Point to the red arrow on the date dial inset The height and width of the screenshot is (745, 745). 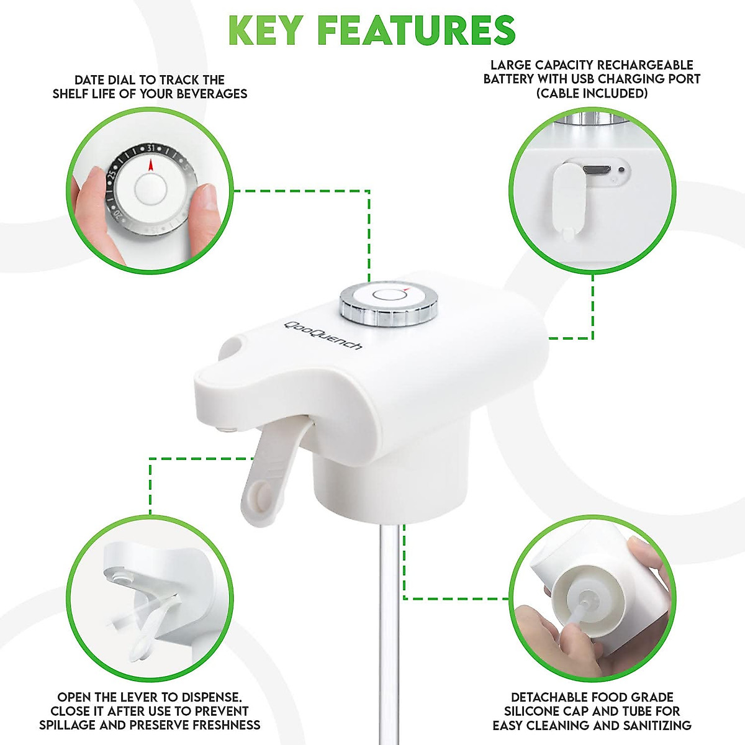(x=150, y=165)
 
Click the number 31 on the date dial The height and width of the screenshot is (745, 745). (x=150, y=149)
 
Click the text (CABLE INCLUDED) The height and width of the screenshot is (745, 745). (x=592, y=94)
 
